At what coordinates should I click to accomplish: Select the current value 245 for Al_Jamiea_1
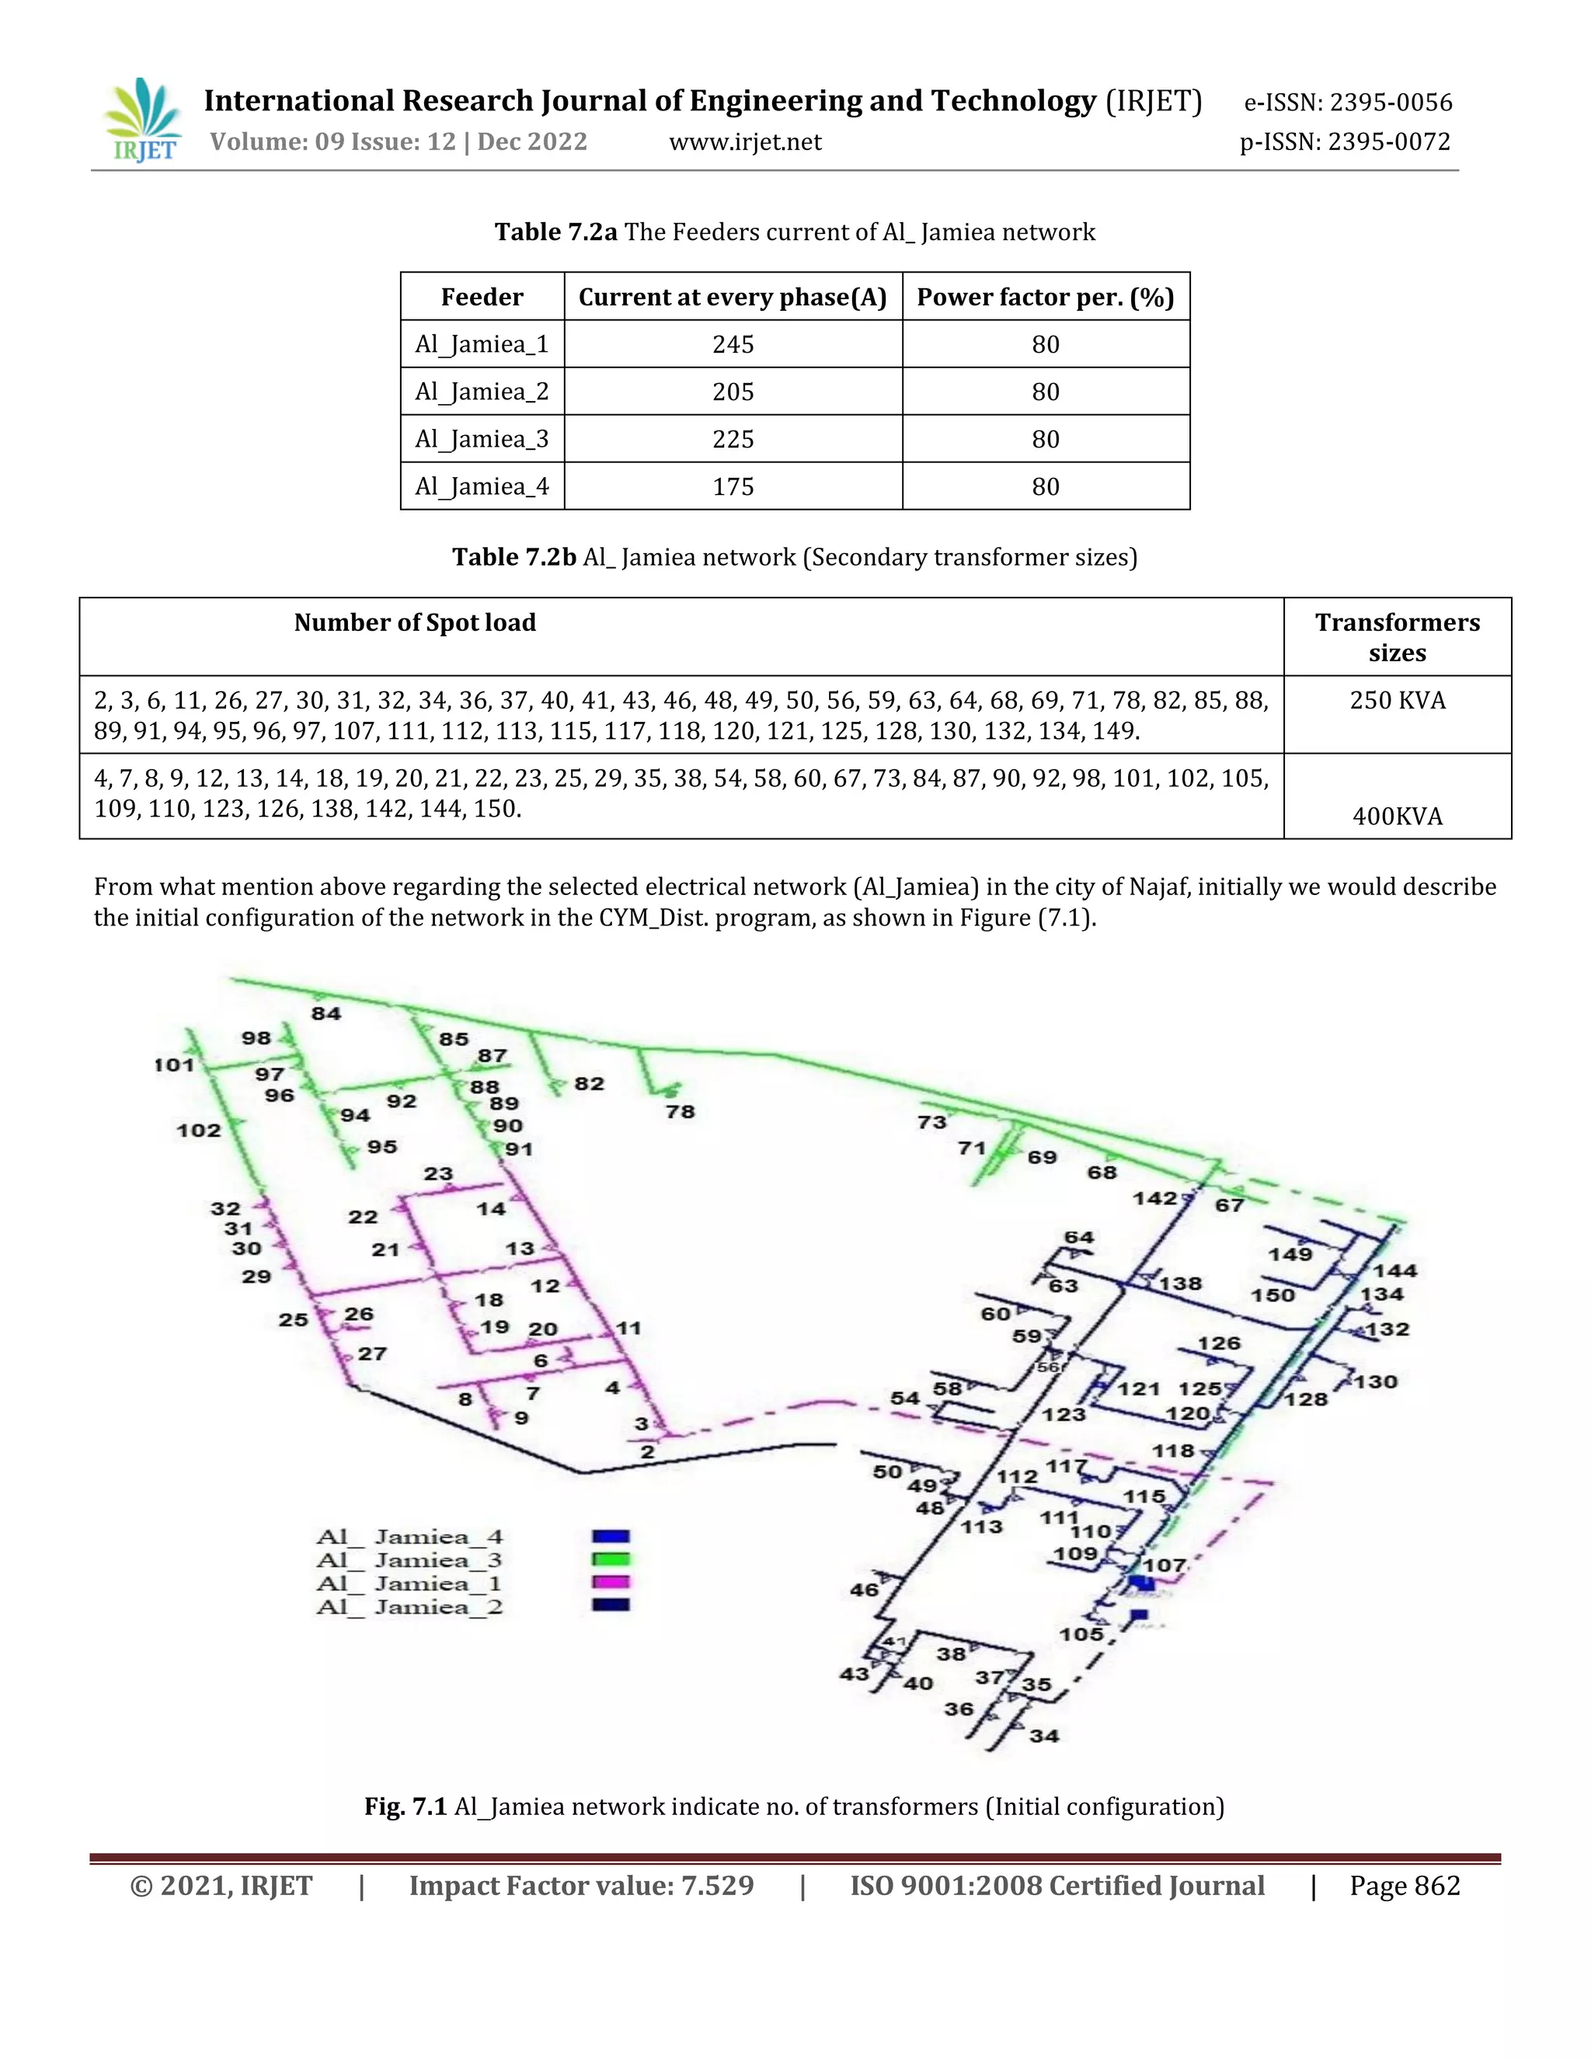click(733, 345)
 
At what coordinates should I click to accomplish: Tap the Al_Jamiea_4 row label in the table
click(482, 486)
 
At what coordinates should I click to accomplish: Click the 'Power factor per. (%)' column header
click(1046, 298)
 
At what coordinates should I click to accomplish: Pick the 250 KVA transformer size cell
click(1397, 701)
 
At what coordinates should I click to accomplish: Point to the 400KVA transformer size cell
click(1397, 817)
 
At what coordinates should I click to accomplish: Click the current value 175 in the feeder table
click(733, 486)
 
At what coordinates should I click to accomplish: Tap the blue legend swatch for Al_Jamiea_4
click(610, 1537)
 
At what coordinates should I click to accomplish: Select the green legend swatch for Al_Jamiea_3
click(610, 1559)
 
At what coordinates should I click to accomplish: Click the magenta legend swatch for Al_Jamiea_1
click(610, 1582)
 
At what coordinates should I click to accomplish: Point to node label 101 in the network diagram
click(174, 1065)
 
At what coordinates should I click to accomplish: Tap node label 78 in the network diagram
click(680, 1113)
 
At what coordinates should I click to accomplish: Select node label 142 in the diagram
click(1154, 1199)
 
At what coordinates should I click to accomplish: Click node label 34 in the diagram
click(1043, 1736)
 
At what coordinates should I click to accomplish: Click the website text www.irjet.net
click(744, 142)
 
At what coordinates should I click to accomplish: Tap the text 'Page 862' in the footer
click(1405, 1886)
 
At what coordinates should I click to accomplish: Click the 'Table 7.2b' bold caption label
click(514, 557)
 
